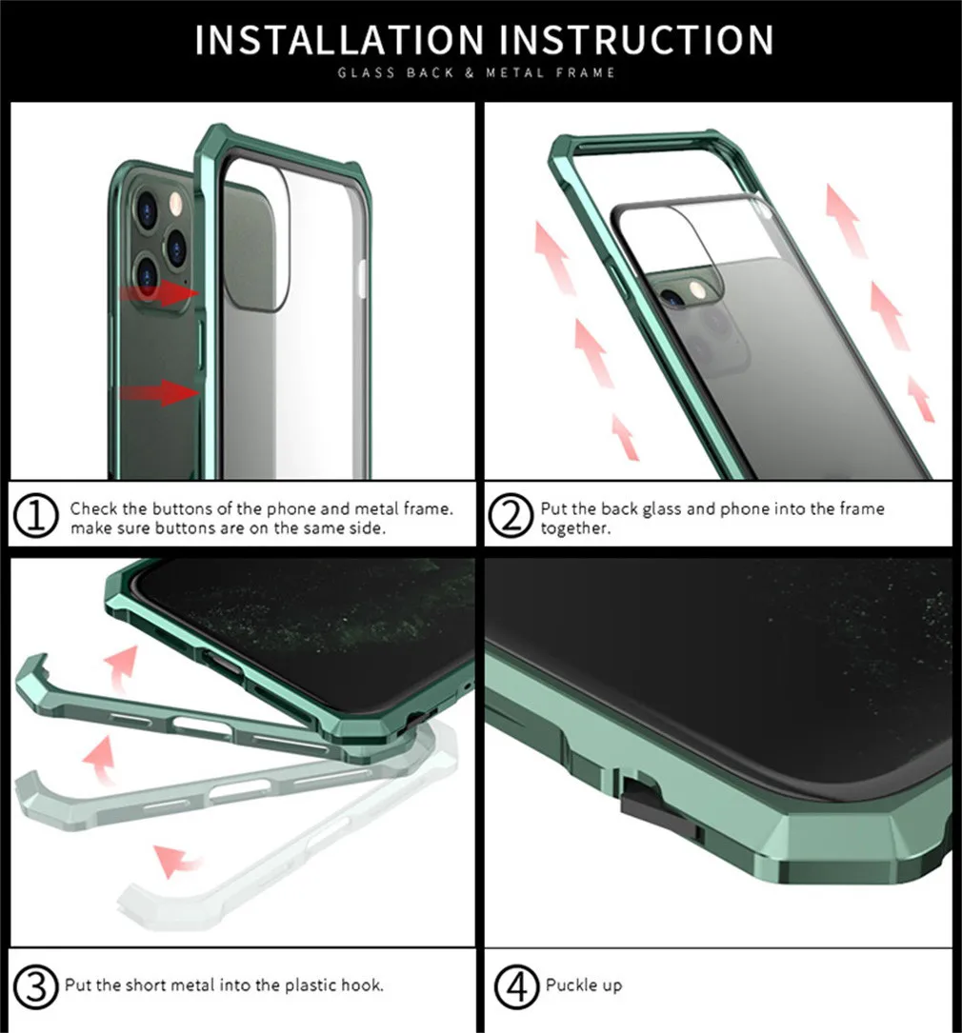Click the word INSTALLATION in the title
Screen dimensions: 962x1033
click(x=339, y=40)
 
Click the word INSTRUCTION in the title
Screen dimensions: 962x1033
click(x=636, y=40)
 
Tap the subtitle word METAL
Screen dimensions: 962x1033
click(x=515, y=72)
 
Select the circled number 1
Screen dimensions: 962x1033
click(x=36, y=515)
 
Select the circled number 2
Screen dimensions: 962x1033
click(x=511, y=515)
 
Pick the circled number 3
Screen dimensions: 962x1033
click(x=36, y=986)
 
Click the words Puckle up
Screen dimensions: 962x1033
click(x=584, y=985)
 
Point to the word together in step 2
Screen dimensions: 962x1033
click(x=575, y=528)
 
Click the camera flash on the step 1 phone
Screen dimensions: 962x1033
click(x=176, y=205)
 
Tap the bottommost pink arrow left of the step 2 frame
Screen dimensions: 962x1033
click(x=625, y=436)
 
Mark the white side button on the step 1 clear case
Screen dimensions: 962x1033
click(x=362, y=277)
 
